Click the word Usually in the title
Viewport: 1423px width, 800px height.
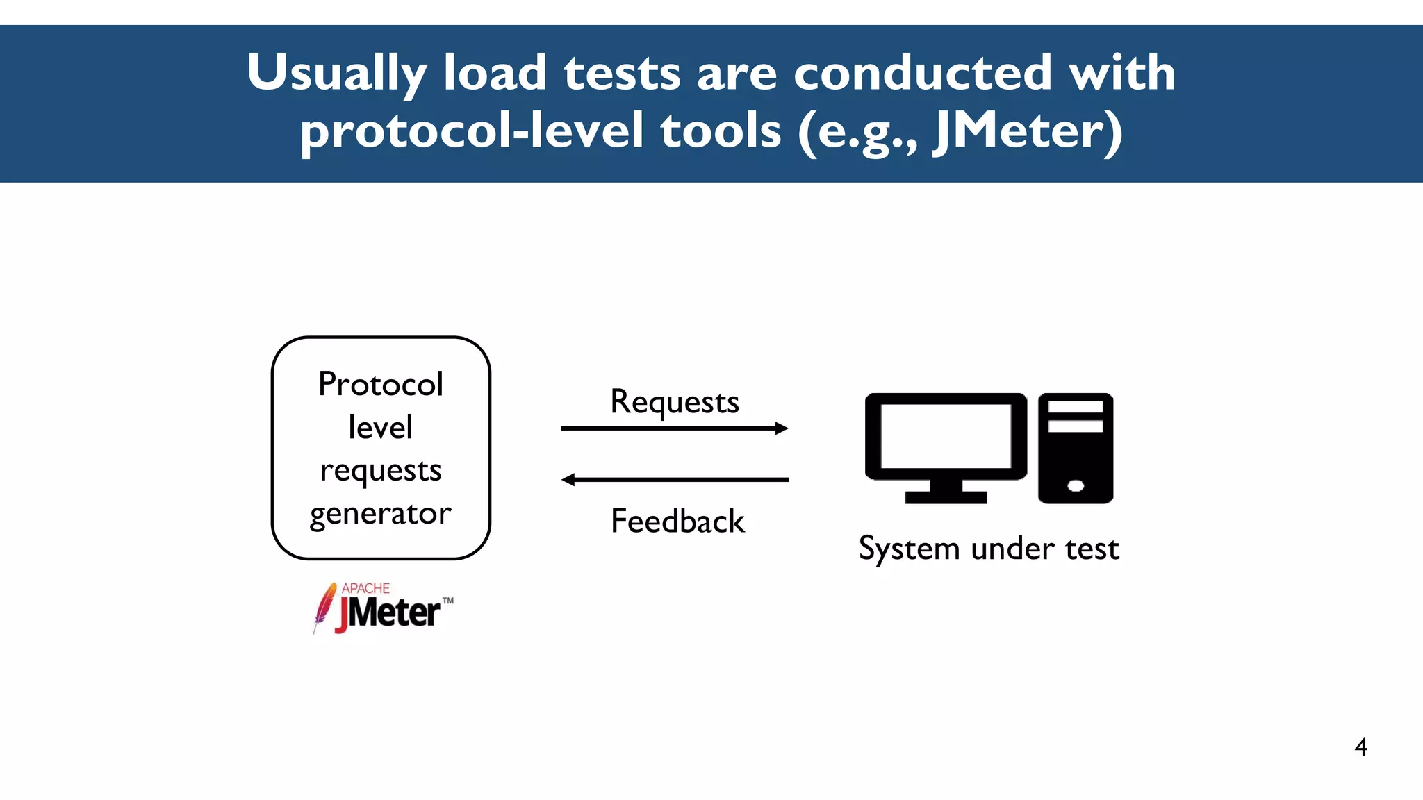(337, 74)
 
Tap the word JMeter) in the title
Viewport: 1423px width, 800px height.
(1028, 132)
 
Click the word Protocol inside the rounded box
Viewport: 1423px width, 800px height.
(381, 384)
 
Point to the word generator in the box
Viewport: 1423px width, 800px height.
(381, 515)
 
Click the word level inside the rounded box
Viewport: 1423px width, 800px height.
(381, 427)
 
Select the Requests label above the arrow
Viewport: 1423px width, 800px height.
(675, 402)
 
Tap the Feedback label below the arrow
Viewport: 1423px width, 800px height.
(677, 522)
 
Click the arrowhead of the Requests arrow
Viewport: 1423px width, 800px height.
(782, 428)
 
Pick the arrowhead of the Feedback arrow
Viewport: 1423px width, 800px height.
(568, 480)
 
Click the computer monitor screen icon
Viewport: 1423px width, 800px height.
(946, 436)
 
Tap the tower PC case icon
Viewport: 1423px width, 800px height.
(1076, 448)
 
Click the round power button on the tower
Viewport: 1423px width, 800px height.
(1076, 486)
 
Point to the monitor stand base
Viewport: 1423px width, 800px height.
(946, 497)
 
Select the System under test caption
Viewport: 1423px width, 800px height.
(989, 549)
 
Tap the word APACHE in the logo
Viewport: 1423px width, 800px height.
(365, 588)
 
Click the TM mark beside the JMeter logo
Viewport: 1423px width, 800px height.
(448, 601)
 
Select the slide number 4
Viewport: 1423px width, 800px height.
(1360, 747)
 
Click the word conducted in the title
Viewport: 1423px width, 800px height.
(923, 74)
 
